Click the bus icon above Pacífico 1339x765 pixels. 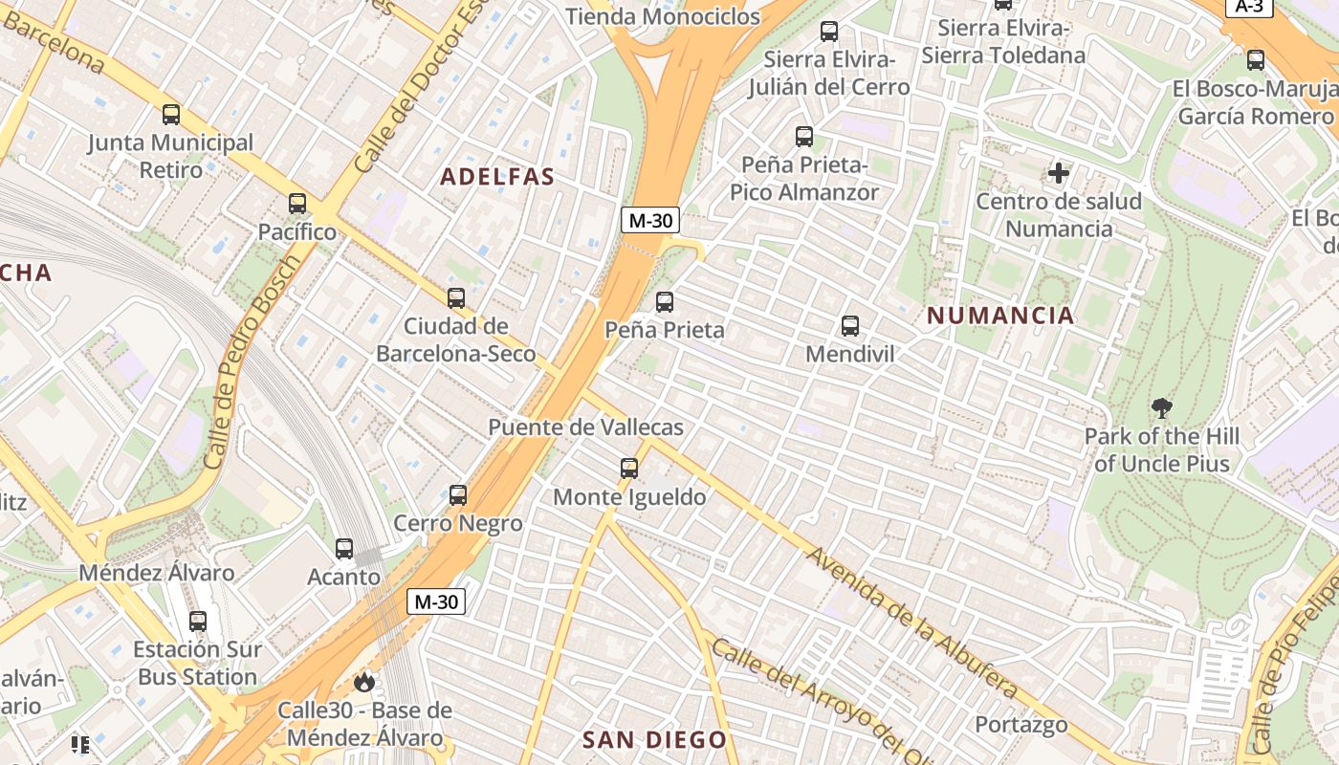click(297, 204)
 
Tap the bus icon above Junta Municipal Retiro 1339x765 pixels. click(171, 115)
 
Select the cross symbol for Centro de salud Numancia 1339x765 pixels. click(1059, 173)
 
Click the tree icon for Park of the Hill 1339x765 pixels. click(1162, 408)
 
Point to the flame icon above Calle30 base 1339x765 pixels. click(363, 682)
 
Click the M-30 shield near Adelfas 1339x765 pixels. click(649, 221)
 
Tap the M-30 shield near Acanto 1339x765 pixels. click(436, 601)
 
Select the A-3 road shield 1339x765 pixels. click(1249, 7)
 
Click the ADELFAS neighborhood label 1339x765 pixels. click(497, 177)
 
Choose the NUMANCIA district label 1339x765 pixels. click(1000, 316)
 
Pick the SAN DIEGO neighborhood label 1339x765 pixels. click(655, 740)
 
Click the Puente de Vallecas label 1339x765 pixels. click(585, 427)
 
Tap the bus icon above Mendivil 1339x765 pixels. click(850, 326)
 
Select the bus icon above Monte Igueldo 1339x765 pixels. click(629, 469)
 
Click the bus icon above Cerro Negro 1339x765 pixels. click(458, 495)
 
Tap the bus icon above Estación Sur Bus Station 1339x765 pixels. click(198, 622)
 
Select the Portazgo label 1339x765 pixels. click(1021, 725)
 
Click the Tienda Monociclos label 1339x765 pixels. click(663, 16)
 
